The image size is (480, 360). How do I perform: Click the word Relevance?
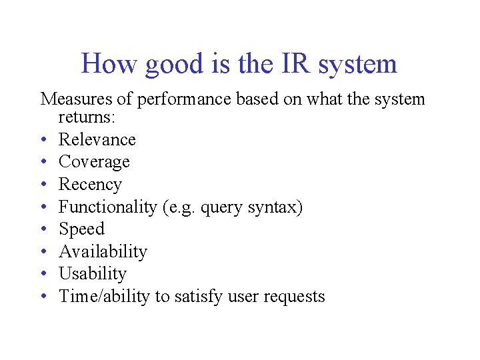pos(97,139)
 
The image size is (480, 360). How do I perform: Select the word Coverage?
pos(94,162)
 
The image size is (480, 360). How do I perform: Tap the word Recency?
pos(90,185)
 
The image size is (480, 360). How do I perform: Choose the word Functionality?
pos(107,207)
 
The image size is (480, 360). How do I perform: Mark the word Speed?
pos(82,229)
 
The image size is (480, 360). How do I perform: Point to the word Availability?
pos(103,252)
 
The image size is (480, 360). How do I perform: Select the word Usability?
pos(93,274)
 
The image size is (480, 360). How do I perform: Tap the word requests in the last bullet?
pos(295,297)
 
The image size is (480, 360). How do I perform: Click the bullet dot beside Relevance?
pos(45,140)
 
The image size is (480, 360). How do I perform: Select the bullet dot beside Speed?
pos(45,229)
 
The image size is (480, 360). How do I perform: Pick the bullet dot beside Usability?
pos(45,274)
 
